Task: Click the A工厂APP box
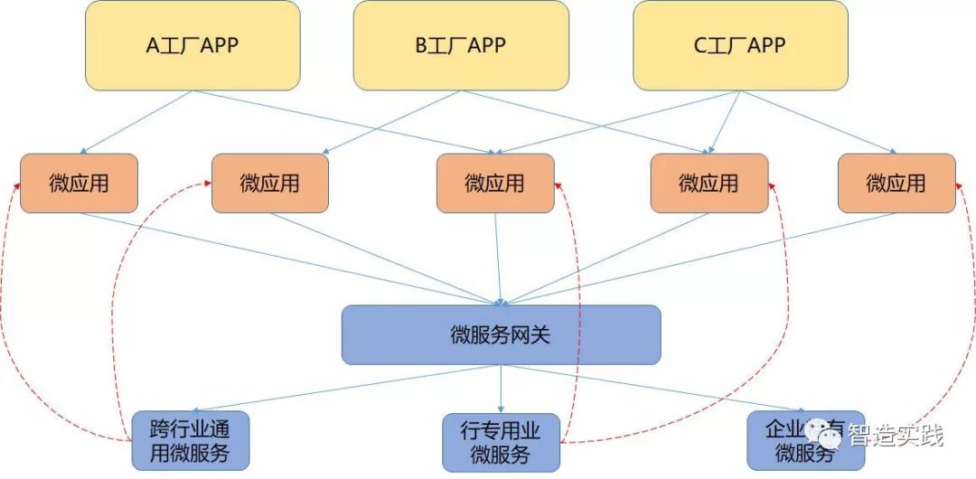(192, 45)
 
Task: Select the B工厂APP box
(461, 45)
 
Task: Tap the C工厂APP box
(740, 45)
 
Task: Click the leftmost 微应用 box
(79, 183)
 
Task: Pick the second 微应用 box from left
(269, 183)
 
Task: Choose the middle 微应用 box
(495, 183)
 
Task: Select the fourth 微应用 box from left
(709, 183)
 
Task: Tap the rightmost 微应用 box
(896, 183)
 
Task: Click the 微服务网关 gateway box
(501, 335)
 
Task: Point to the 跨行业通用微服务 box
(191, 440)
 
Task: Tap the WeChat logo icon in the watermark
(825, 437)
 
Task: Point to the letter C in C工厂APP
(700, 46)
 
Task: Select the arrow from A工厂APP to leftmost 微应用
(136, 122)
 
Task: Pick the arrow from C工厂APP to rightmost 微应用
(818, 122)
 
